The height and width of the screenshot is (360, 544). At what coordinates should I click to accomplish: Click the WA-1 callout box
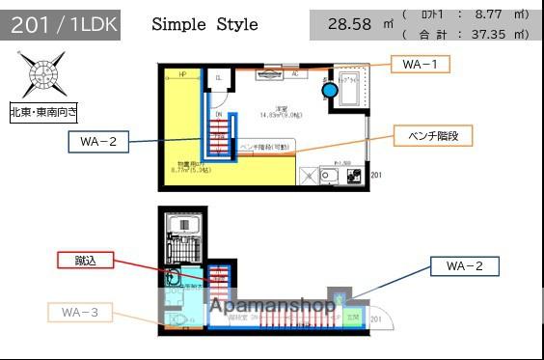420,65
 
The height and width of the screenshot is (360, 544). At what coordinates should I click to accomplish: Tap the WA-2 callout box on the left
98,142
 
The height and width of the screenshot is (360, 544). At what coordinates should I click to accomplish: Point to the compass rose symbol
41,74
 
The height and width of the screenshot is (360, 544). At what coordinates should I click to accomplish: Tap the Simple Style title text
204,24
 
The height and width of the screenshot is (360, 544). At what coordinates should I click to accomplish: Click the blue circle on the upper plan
330,90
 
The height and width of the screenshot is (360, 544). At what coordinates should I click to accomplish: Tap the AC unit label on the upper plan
293,73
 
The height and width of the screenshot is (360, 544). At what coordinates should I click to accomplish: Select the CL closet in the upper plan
219,79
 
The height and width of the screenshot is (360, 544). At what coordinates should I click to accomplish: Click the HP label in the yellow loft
182,74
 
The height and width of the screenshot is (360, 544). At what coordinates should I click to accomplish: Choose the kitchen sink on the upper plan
329,176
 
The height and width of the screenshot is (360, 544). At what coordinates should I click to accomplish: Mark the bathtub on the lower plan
183,227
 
